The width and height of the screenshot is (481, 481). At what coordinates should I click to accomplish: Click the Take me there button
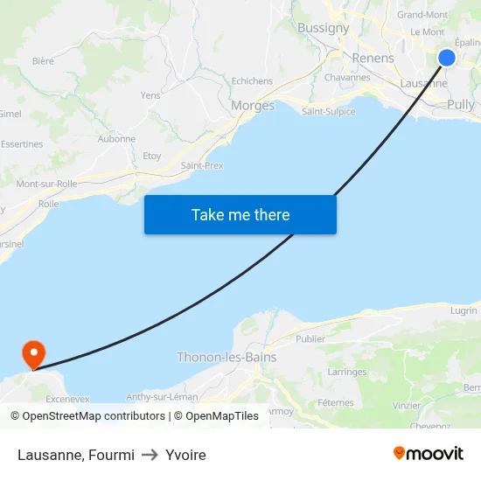(240, 214)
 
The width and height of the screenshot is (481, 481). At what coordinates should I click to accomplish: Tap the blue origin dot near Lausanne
(447, 58)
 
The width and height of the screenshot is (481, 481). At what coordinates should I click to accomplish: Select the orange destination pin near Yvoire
(33, 354)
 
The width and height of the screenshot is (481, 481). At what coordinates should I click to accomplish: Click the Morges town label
(253, 106)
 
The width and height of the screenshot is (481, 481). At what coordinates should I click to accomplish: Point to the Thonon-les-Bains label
(227, 357)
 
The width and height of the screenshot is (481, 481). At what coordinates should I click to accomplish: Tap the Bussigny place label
(323, 28)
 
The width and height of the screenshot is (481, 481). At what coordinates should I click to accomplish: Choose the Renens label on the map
(373, 59)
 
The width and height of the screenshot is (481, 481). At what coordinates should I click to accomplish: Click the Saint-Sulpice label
(328, 111)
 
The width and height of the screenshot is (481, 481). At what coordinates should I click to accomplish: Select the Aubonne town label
(116, 138)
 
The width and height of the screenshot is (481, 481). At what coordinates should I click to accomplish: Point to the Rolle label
(49, 204)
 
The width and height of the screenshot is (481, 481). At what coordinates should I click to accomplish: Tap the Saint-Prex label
(201, 165)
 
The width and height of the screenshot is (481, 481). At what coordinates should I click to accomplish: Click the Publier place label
(310, 338)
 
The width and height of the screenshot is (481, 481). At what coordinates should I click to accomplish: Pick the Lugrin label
(464, 310)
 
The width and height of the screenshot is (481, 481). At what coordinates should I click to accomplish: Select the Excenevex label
(67, 398)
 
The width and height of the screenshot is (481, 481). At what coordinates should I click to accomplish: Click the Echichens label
(252, 81)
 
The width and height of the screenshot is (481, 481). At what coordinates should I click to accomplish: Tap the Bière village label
(43, 61)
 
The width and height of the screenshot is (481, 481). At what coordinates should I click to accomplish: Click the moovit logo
(429, 453)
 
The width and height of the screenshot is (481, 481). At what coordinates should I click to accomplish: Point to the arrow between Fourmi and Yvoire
(150, 455)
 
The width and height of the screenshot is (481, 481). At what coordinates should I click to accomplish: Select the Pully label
(460, 105)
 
